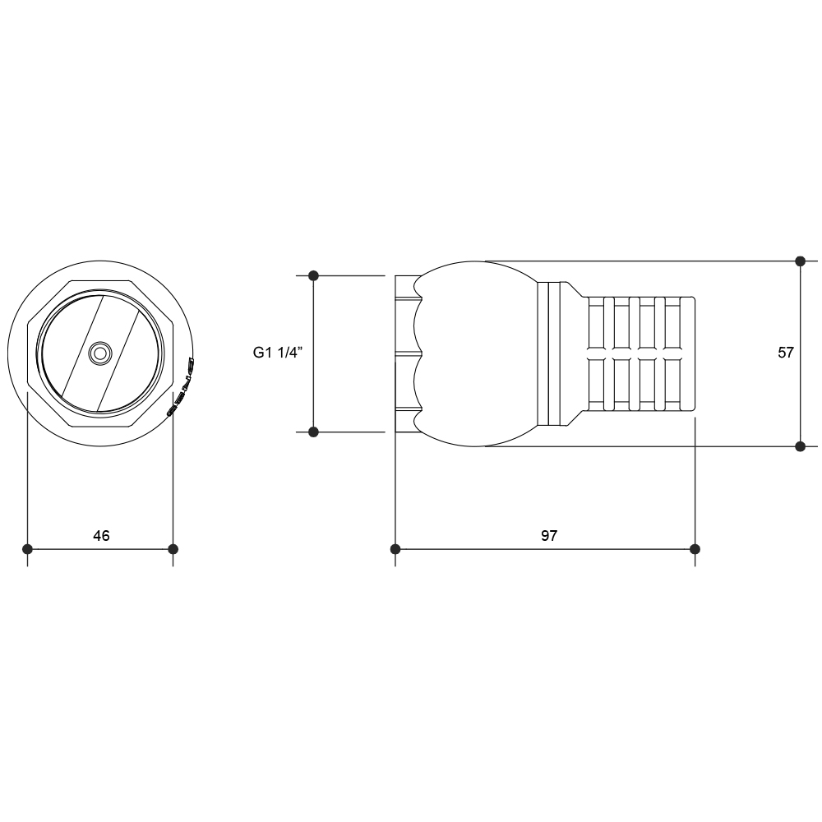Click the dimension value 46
coord(101,535)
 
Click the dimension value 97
coord(549,535)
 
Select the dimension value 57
coord(786,353)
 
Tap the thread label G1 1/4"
coord(277,353)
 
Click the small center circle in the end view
coord(99,353)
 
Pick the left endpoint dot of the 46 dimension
coord(27,549)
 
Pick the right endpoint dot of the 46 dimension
coord(173,549)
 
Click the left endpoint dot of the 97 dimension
coord(395,549)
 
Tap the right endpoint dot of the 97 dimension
coord(695,549)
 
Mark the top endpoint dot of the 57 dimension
coord(800,261)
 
